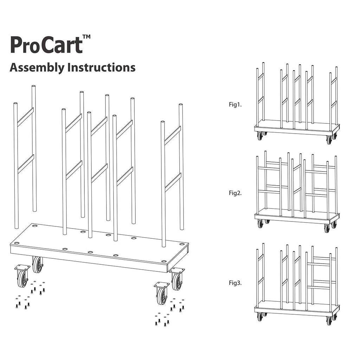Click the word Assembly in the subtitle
point(37,68)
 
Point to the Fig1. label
point(235,105)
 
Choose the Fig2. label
point(235,193)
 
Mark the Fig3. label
point(235,283)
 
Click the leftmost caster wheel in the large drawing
point(22,278)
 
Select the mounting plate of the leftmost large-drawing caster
point(22,268)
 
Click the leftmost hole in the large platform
point(17,243)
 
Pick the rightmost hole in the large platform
point(182,244)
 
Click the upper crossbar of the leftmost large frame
point(25,117)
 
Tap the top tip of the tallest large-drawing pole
point(33,86)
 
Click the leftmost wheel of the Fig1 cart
point(260,136)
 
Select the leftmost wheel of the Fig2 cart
point(260,224)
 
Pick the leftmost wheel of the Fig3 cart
point(260,317)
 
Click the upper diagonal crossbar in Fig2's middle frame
point(297,168)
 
